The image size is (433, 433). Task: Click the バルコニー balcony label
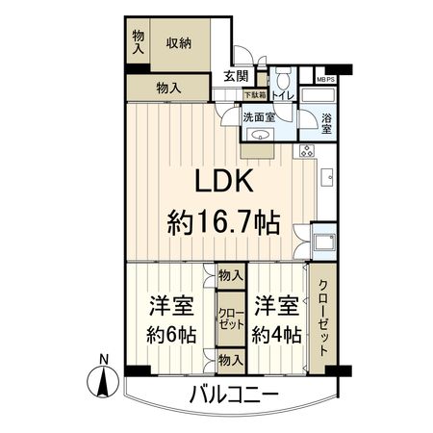tap(233, 395)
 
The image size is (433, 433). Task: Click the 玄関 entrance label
tap(237, 77)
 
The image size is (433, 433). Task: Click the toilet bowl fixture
tap(285, 79)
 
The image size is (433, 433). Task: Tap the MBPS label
tap(324, 80)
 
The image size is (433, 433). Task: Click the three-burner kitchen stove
tap(308, 150)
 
